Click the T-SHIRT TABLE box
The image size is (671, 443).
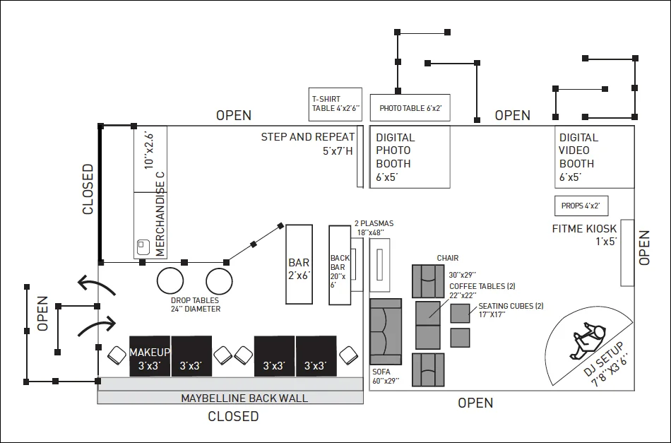pyautogui.click(x=335, y=104)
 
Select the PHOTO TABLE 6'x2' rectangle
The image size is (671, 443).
pyautogui.click(x=410, y=108)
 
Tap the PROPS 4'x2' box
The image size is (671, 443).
pyautogui.click(x=581, y=206)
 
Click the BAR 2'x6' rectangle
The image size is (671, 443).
pyautogui.click(x=299, y=264)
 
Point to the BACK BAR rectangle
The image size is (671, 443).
pyautogui.click(x=340, y=265)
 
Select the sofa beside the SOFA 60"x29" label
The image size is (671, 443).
pyautogui.click(x=386, y=331)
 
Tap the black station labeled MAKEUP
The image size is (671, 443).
pyautogui.click(x=149, y=356)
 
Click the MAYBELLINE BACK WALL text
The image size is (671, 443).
pyautogui.click(x=244, y=398)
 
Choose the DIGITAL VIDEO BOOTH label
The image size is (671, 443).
pyautogui.click(x=578, y=157)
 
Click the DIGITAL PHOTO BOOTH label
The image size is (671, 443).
pyautogui.click(x=396, y=157)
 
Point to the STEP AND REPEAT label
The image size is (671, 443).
pyautogui.click(x=308, y=137)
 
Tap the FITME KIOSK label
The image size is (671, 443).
pyautogui.click(x=585, y=228)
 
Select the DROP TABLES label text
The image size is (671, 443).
pyautogui.click(x=195, y=300)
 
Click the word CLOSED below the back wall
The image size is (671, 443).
pyautogui.click(x=233, y=416)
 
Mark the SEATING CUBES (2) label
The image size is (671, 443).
pyautogui.click(x=511, y=306)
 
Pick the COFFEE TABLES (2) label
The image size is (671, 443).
pyautogui.click(x=482, y=286)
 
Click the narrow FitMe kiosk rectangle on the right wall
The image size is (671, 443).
pyautogui.click(x=627, y=253)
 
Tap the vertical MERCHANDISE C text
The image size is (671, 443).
pyautogui.click(x=160, y=214)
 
